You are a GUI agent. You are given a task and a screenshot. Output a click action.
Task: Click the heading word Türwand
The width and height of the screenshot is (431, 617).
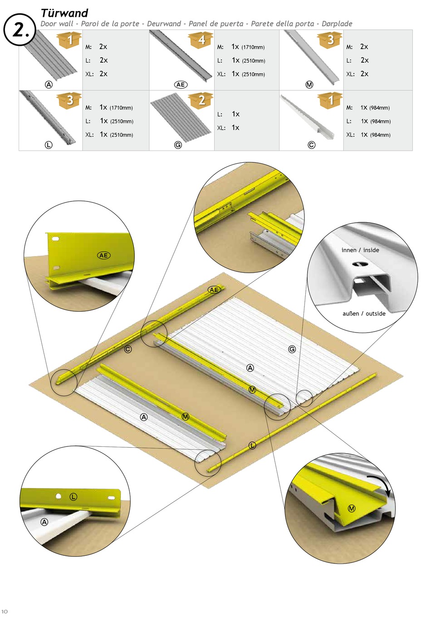pos(64,13)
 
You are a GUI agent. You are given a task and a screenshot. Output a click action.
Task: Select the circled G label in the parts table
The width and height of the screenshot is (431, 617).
pos(178,145)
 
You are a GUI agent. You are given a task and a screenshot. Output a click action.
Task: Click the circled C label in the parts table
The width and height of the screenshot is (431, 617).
pos(311,145)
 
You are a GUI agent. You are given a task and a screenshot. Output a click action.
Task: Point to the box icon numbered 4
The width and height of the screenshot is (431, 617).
pos(201,40)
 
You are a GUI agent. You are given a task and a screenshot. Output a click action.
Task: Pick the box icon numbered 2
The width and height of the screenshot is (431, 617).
pos(201,100)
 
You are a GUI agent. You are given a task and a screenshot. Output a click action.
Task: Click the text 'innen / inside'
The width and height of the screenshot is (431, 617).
pos(360,250)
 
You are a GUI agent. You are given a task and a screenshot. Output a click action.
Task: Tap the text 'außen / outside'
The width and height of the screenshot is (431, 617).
pos(364,313)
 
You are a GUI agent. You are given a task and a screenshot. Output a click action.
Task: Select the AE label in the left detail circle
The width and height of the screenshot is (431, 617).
pos(103,255)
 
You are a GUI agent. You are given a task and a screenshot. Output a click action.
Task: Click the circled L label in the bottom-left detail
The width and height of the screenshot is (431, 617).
pos(73,497)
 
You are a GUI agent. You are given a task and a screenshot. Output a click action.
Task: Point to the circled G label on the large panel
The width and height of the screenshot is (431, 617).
pos(292,349)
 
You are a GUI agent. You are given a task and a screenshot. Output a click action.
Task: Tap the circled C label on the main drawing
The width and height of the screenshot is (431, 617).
pos(128,349)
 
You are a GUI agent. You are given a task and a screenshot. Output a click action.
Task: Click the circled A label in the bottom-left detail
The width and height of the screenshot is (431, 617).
pos(44,522)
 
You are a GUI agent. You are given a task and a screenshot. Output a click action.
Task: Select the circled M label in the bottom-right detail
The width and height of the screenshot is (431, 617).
pos(352,509)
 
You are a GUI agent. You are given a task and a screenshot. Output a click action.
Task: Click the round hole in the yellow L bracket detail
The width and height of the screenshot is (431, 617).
pos(59,496)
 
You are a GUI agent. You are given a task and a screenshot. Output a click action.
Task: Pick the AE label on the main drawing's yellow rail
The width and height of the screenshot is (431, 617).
pos(214,290)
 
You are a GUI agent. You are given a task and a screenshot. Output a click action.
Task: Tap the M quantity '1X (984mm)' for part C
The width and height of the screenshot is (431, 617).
pos(375,108)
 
